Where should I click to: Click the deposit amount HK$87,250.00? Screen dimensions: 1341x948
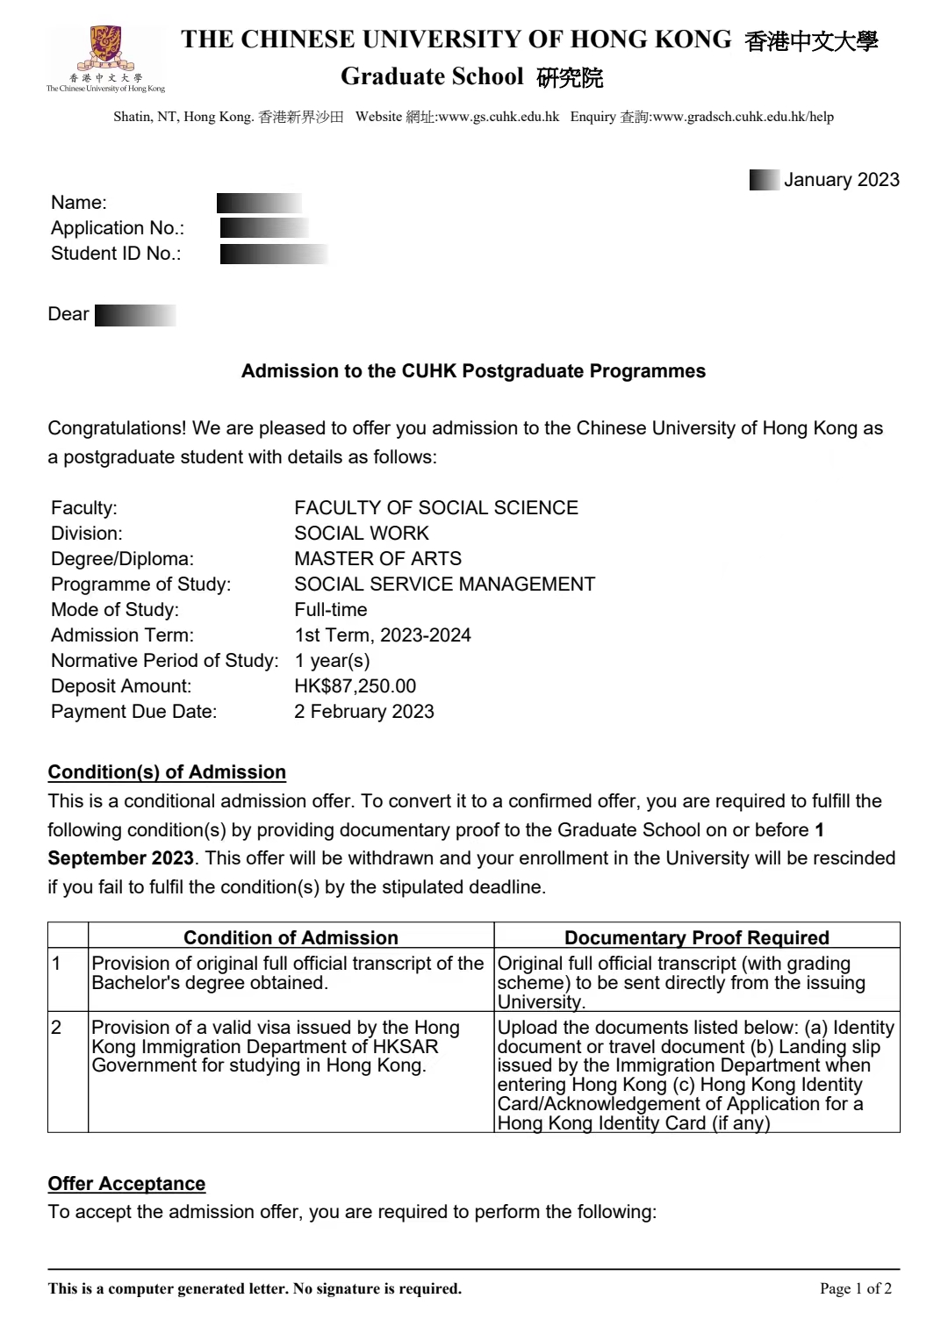click(355, 686)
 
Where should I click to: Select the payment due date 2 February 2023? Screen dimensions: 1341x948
click(363, 712)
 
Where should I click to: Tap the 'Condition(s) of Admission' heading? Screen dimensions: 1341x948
click(167, 772)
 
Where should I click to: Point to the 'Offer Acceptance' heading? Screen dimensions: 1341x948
click(126, 1184)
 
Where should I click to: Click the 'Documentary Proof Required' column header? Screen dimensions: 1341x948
click(696, 937)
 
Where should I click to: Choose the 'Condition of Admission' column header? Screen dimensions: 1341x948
click(291, 937)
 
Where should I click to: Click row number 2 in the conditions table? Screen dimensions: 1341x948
click(57, 1028)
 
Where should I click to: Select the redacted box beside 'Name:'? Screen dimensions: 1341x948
click(259, 204)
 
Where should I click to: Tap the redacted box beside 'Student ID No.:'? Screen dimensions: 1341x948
click(274, 255)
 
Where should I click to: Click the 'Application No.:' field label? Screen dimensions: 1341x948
click(118, 228)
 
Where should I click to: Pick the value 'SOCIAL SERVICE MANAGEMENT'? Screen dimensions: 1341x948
click(444, 584)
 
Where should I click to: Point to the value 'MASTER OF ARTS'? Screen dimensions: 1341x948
click(377, 559)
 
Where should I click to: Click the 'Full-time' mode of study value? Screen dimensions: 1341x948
click(331, 610)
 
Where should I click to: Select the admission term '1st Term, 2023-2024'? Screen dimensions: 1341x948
click(382, 635)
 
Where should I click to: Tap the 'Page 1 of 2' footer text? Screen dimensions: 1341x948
click(855, 1288)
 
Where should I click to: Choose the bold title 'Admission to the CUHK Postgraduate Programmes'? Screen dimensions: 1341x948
click(473, 371)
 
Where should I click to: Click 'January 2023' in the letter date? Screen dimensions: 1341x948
click(841, 180)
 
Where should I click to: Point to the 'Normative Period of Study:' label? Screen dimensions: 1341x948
click(164, 661)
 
